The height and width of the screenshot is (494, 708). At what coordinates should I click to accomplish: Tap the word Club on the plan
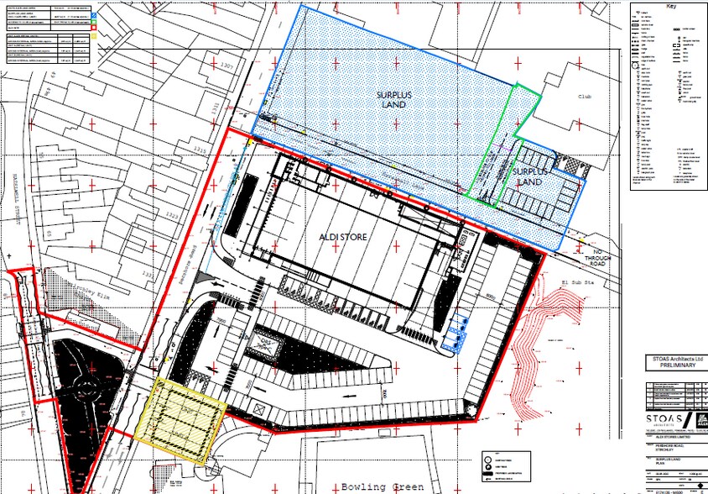tap(585, 97)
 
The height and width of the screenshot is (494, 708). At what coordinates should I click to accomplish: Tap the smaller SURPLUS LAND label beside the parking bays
tap(528, 176)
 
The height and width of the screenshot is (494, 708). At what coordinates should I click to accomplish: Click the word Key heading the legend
tap(670, 6)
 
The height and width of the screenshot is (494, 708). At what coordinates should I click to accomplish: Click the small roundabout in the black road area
tap(86, 389)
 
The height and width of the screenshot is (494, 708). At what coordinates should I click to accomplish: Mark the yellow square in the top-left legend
tap(94, 34)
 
